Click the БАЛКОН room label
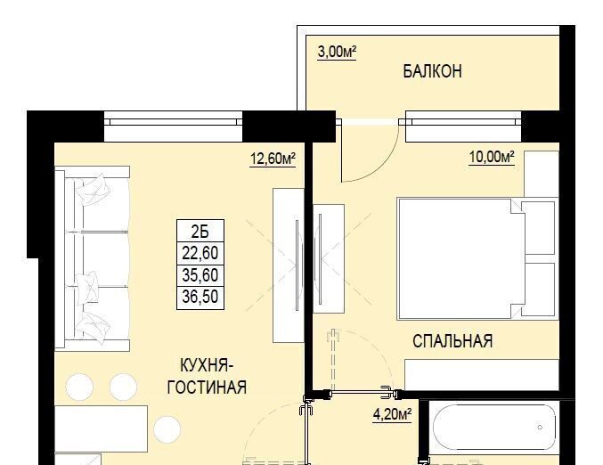[x=432, y=71]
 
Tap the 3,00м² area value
[x=337, y=52]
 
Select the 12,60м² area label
[x=273, y=159]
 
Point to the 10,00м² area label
[x=492, y=157]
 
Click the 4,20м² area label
[x=392, y=414]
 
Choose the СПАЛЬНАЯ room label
[x=452, y=341]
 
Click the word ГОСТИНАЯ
[x=207, y=387]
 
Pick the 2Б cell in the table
[x=200, y=231]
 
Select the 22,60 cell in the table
[x=200, y=253]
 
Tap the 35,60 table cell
[x=200, y=275]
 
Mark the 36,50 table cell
[x=200, y=298]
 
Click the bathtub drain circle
[x=540, y=428]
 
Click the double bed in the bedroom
[x=477, y=258]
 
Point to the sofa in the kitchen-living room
[x=93, y=258]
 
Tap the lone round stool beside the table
[x=167, y=429]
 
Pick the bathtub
[x=494, y=427]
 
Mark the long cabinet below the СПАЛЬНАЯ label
[x=482, y=375]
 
